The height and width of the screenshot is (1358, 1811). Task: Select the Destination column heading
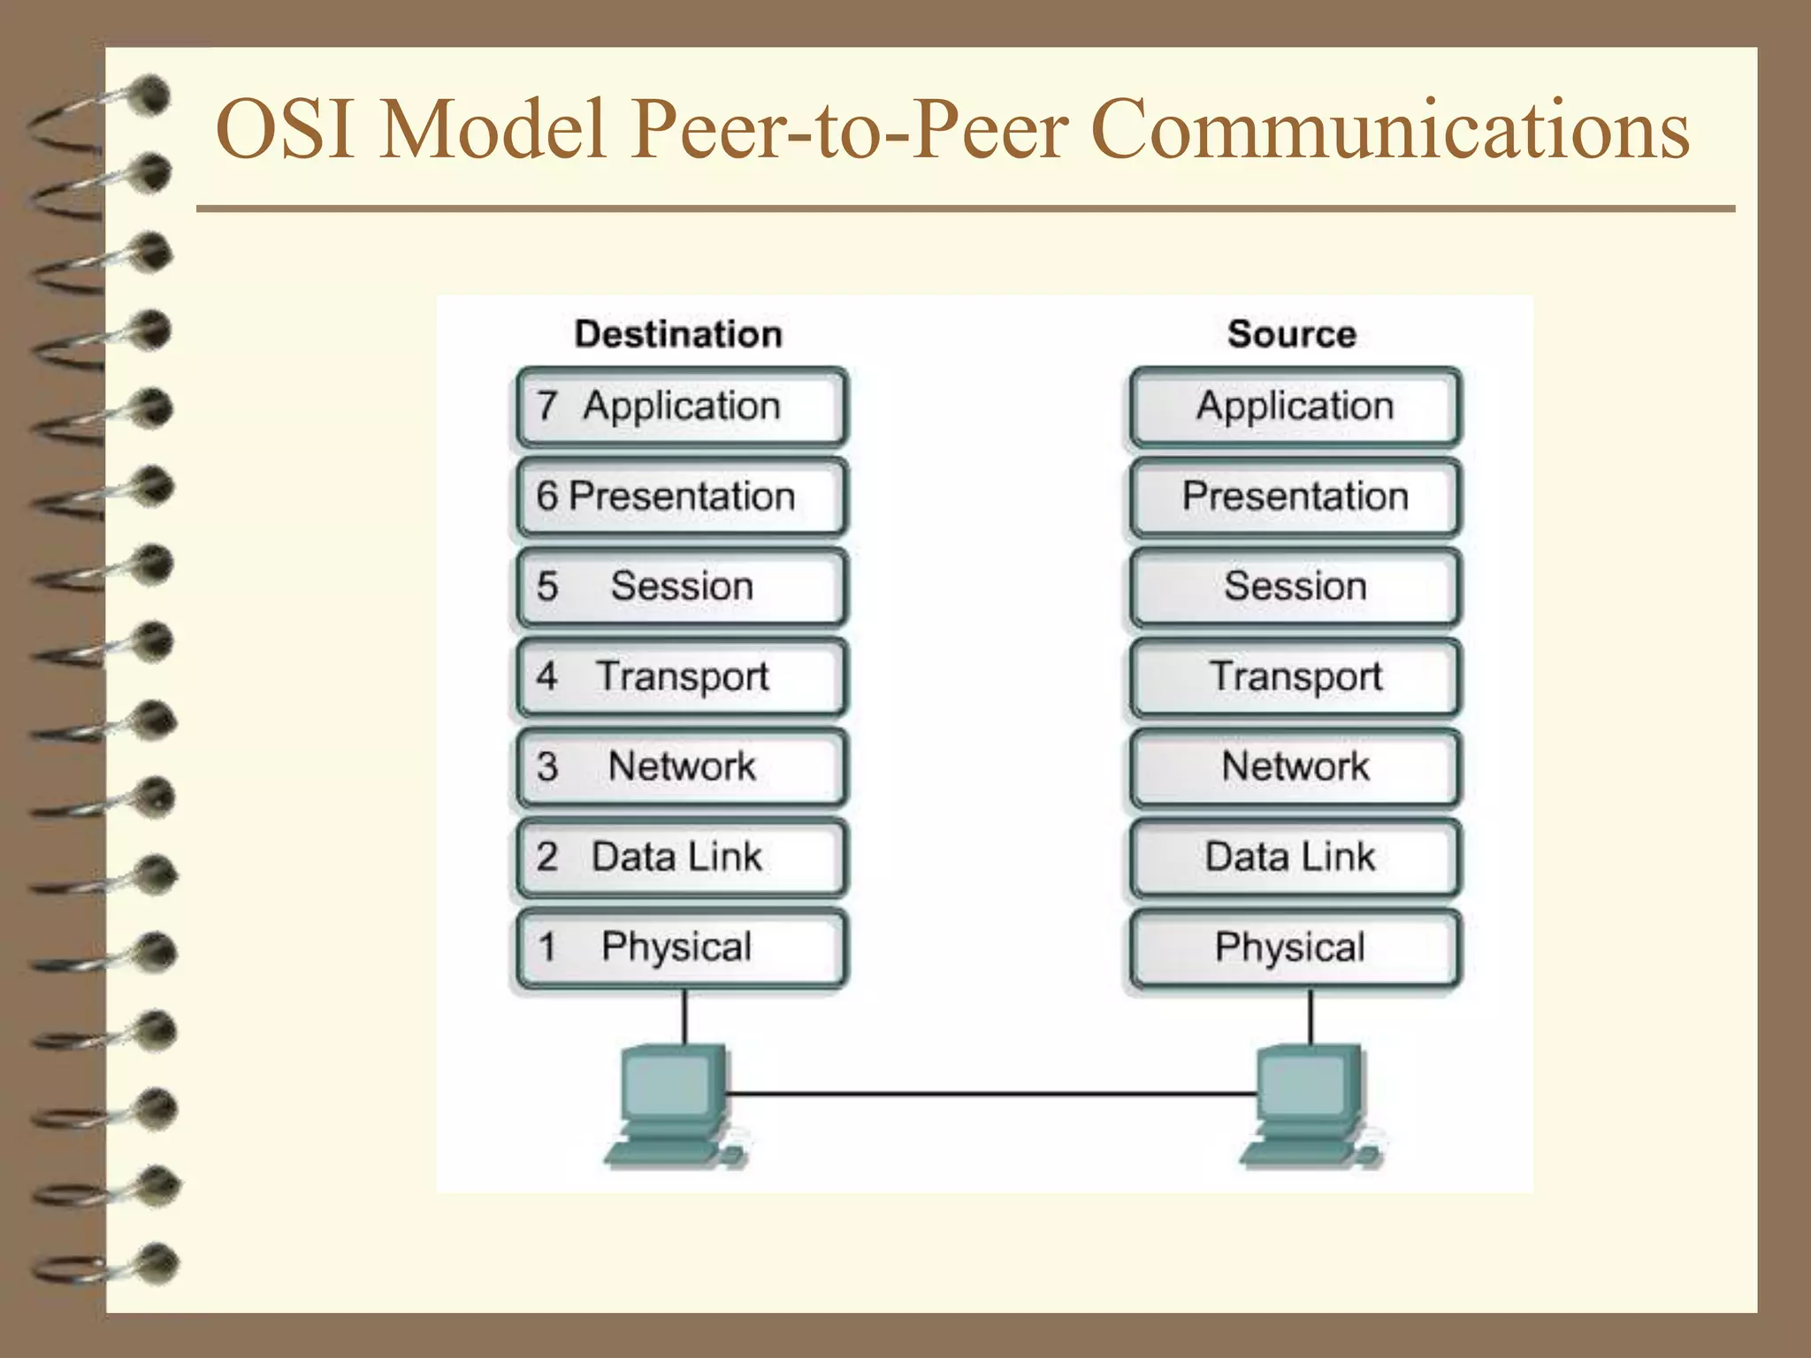click(x=678, y=334)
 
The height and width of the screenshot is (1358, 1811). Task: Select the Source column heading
click(x=1291, y=334)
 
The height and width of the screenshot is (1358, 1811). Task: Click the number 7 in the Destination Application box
click(x=546, y=406)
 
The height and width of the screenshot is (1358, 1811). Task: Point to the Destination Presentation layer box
click(x=681, y=497)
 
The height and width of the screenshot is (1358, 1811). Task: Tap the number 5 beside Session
click(x=547, y=586)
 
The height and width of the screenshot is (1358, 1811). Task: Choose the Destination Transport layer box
click(x=681, y=677)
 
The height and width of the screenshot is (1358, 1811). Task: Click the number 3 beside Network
click(x=547, y=767)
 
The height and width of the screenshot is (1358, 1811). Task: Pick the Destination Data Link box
click(x=681, y=857)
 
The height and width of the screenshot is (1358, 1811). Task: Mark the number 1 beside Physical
click(x=547, y=947)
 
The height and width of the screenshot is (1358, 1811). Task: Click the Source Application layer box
click(x=1295, y=407)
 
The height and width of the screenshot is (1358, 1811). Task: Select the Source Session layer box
click(x=1295, y=587)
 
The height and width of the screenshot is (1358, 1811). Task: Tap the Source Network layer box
click(x=1295, y=767)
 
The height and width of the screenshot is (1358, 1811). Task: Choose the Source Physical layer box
click(x=1295, y=948)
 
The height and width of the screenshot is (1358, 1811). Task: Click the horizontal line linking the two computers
click(x=990, y=1095)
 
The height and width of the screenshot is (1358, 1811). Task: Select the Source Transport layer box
click(x=1295, y=677)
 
